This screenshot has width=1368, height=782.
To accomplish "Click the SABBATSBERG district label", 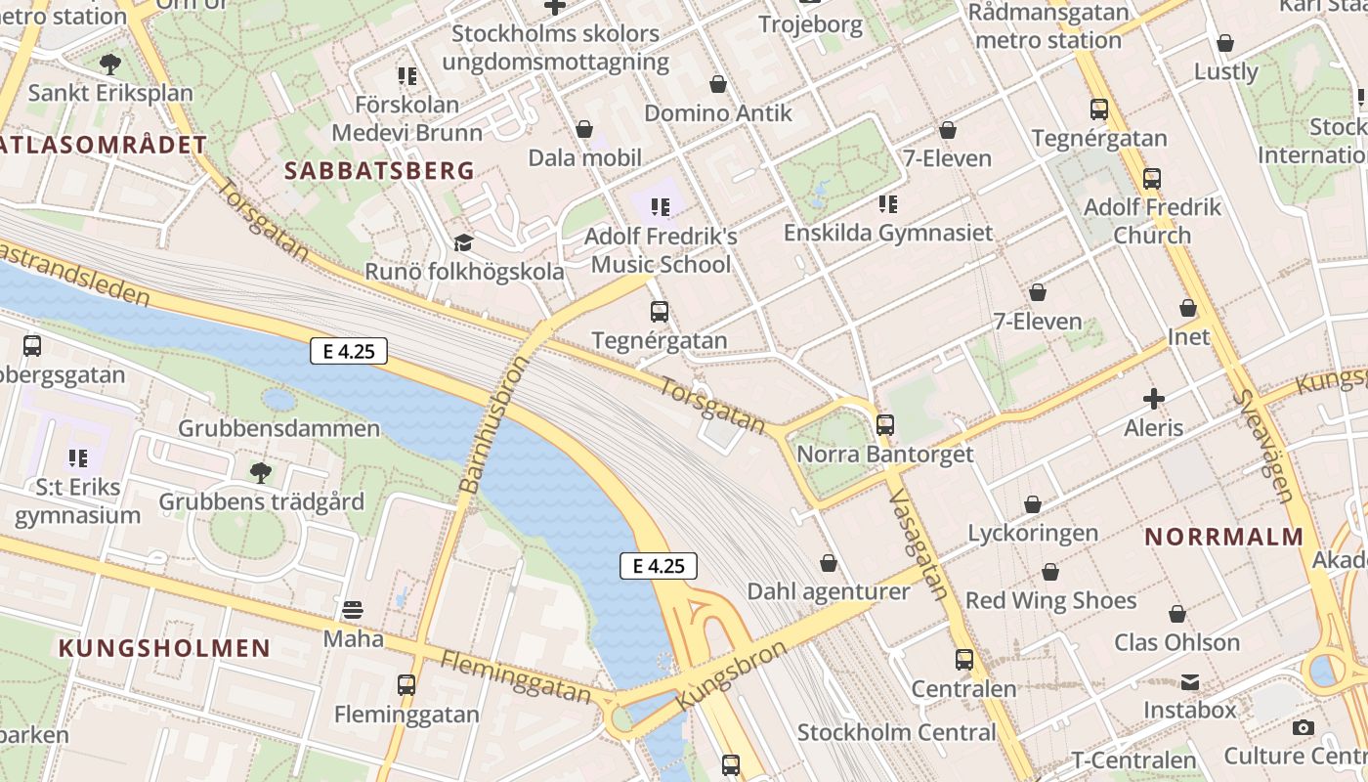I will (379, 171).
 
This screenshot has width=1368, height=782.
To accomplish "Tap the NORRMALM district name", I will (1223, 537).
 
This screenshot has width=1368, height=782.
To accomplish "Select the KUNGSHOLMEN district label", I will (164, 648).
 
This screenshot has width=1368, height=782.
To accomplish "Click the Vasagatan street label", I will (919, 543).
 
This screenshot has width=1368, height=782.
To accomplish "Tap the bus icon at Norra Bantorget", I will (885, 425).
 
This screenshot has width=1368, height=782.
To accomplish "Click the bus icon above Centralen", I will (964, 660).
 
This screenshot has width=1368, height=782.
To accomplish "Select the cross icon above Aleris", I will (1154, 399).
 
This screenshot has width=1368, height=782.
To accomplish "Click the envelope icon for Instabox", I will (1190, 681).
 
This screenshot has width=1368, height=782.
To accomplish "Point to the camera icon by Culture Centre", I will (1303, 727).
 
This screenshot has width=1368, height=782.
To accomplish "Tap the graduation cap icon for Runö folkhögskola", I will (463, 242).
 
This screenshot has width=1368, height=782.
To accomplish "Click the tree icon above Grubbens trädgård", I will (261, 473).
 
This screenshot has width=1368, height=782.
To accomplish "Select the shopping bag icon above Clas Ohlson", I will (1177, 614).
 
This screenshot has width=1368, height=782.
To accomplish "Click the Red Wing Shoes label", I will (1050, 600).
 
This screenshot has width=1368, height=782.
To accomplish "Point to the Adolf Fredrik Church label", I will (1152, 221).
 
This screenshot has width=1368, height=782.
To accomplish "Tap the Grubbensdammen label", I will (278, 428).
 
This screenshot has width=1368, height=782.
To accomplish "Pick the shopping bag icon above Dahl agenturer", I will (829, 563).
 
